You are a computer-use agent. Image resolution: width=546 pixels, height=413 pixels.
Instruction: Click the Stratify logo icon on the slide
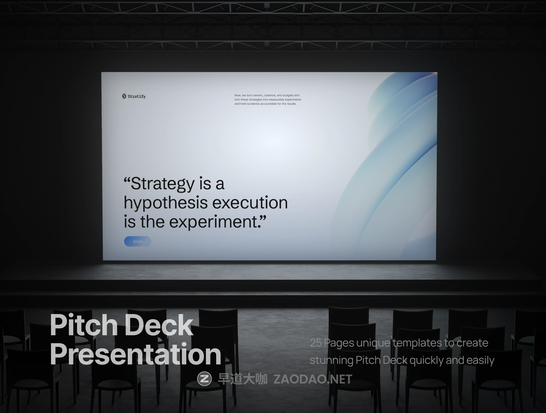coord(124,96)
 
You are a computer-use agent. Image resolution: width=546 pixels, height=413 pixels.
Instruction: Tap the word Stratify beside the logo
coord(136,96)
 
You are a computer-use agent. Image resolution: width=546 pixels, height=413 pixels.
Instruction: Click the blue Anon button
coord(138,241)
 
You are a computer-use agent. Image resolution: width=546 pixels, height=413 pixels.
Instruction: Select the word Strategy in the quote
coord(163,184)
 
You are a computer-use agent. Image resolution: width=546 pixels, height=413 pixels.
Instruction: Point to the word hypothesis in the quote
coord(166,203)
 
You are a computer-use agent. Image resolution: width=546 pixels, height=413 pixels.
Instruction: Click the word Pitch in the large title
coord(84,325)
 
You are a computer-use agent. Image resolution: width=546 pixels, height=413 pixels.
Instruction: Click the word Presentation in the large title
coord(136,354)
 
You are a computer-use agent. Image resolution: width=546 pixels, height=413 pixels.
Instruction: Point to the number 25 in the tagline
coord(315,343)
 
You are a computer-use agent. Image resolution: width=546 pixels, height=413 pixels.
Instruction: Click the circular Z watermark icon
coord(204,379)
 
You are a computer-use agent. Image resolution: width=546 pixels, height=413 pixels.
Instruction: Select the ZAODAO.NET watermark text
coord(313,379)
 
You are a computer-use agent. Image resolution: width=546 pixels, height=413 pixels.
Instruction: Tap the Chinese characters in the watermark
coord(243,379)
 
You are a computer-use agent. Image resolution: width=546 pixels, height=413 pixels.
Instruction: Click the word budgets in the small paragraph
coord(288,95)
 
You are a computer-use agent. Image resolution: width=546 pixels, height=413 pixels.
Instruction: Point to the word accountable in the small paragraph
coord(268,104)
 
